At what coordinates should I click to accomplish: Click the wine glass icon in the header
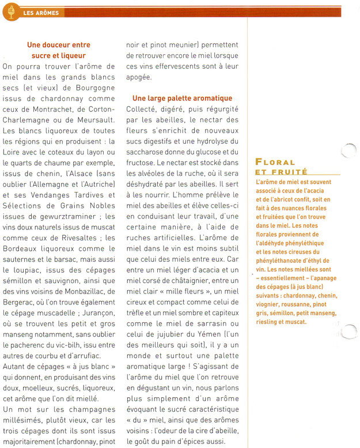tap(9, 12)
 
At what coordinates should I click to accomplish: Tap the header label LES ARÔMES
tap(41, 13)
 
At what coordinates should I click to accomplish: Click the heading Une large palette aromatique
tap(182, 99)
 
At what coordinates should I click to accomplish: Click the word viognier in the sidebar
tap(271, 303)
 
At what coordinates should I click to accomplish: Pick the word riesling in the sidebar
tap(270, 322)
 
